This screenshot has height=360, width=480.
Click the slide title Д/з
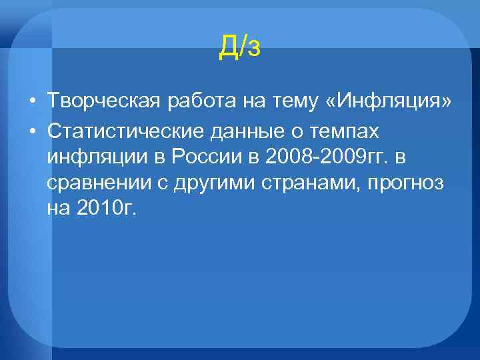pos(239,46)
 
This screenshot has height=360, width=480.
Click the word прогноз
pos(409,183)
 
